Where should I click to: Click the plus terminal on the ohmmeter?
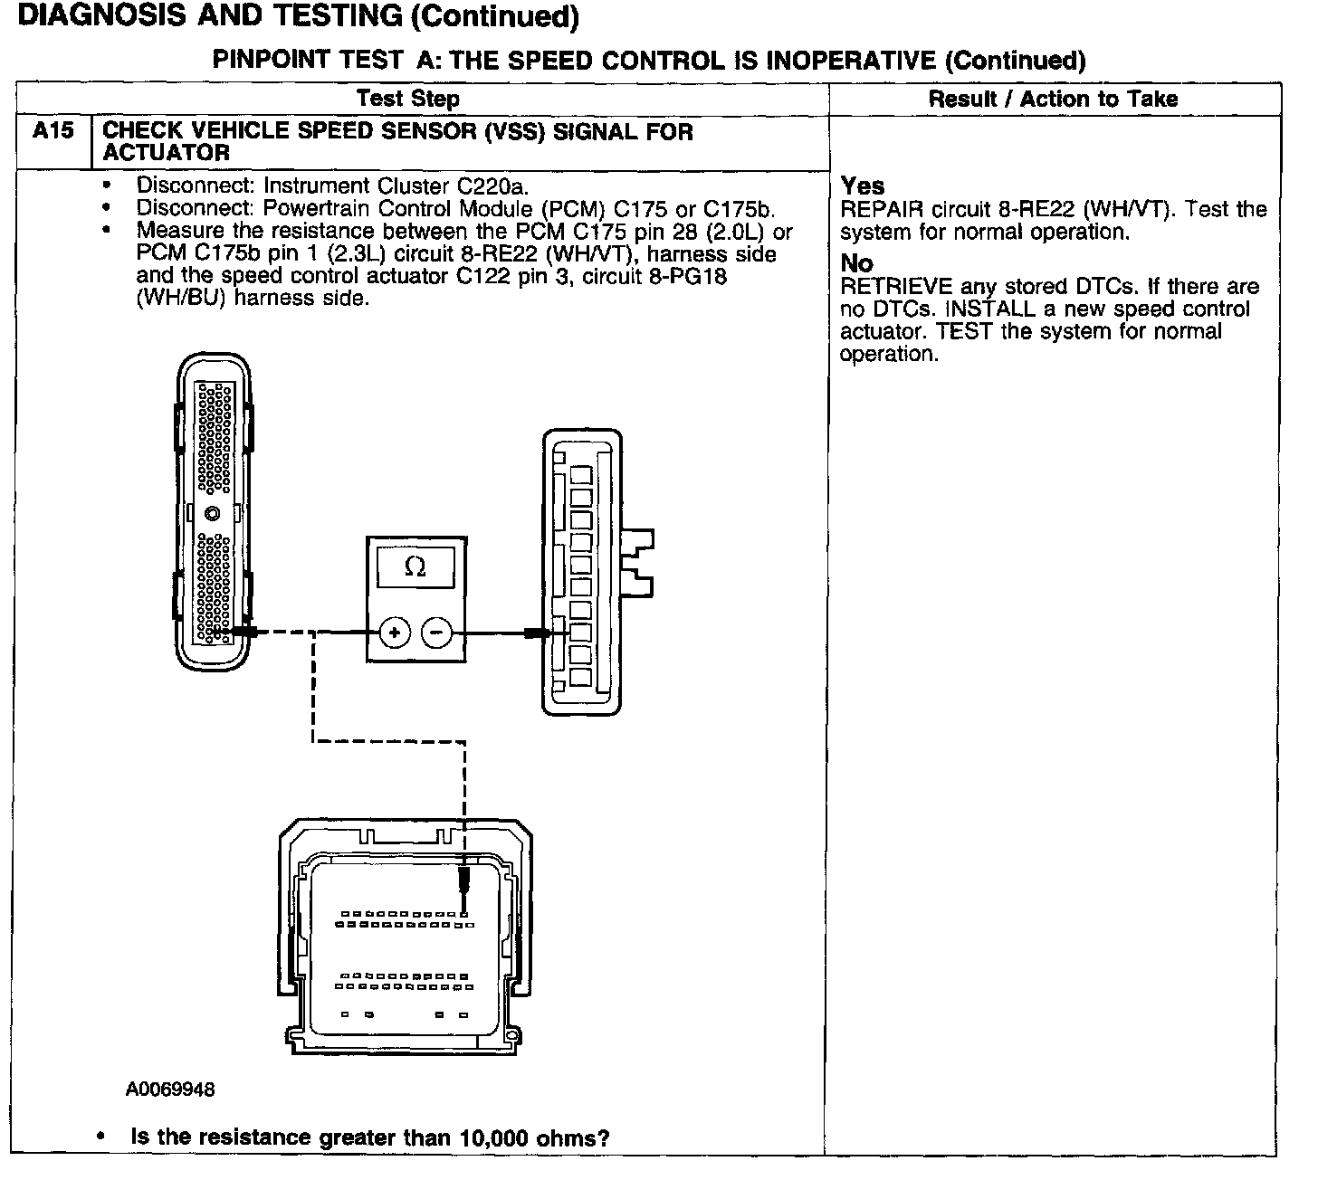point(395,633)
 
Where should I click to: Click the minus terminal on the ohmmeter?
point(437,633)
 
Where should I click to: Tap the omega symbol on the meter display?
point(415,567)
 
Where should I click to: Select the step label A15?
point(53,131)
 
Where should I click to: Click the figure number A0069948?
point(170,1090)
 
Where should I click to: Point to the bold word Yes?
point(863,186)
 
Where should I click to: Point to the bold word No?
point(856,264)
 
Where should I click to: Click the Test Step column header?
point(407,99)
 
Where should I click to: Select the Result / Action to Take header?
point(1053,99)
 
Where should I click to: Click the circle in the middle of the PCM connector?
point(213,514)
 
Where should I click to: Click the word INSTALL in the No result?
point(990,309)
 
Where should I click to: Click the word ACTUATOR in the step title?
point(166,153)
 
